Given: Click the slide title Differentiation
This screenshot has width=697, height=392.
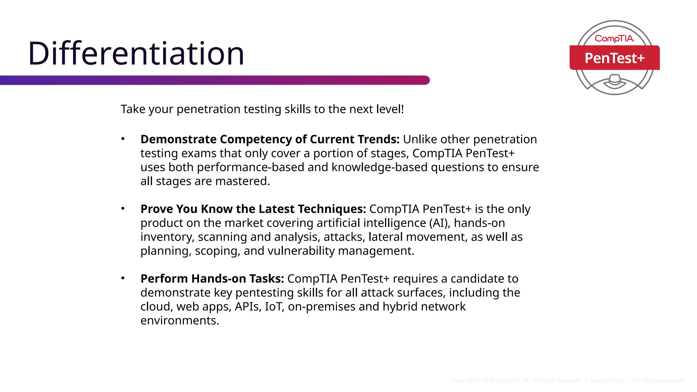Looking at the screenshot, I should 136,53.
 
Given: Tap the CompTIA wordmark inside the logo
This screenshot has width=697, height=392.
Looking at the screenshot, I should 614,38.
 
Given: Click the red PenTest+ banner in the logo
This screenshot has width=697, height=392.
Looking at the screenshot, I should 614,58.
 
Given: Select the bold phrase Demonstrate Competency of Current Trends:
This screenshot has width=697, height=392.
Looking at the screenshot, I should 270,140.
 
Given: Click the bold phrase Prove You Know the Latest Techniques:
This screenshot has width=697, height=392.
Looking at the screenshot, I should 253,209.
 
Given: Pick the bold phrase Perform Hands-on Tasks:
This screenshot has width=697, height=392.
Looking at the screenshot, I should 212,279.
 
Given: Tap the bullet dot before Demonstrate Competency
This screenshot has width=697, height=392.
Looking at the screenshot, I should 123,139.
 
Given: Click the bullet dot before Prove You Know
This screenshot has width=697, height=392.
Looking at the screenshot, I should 123,208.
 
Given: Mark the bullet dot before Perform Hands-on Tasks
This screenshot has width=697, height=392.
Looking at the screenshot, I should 123,278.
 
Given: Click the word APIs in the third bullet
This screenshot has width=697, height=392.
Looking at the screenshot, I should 248,307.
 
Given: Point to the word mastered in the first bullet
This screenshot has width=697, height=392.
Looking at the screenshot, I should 242,181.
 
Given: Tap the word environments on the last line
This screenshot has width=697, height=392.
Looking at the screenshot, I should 179,321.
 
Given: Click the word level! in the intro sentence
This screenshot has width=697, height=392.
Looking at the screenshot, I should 390,109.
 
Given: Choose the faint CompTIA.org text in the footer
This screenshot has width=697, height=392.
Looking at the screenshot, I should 606,380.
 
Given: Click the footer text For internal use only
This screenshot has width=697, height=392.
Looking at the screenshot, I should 658,380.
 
